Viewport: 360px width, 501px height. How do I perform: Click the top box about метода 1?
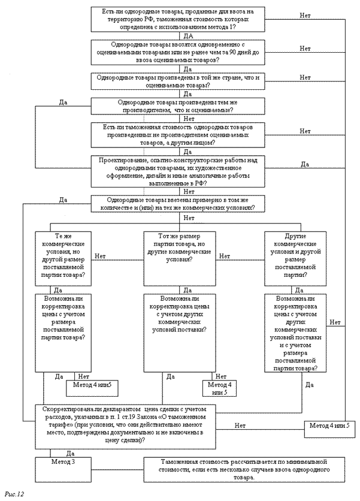tap(179, 20)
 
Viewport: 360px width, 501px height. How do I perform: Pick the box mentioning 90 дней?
tap(179, 53)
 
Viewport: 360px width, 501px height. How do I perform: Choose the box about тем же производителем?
tap(179, 105)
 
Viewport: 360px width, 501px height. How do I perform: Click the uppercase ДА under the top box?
tap(179, 37)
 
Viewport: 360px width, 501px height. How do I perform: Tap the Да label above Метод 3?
tap(70, 454)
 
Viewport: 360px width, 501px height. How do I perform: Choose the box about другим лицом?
tap(179, 135)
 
